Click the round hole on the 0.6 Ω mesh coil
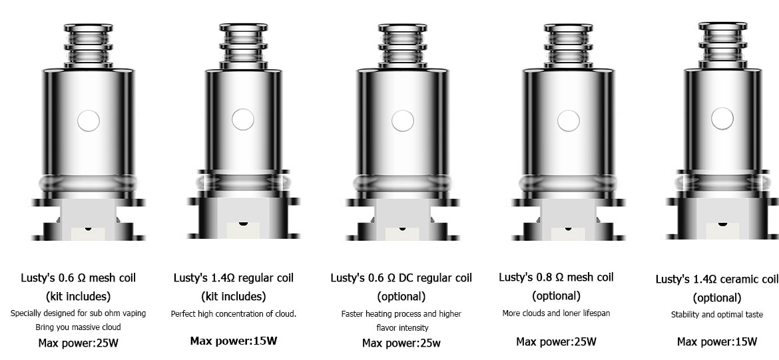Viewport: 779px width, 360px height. pyautogui.click(x=89, y=120)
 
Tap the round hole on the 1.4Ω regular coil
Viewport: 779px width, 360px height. pyautogui.click(x=243, y=120)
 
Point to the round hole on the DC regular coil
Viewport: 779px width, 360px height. pyautogui.click(x=402, y=120)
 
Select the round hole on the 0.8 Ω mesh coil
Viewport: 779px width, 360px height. pyautogui.click(x=569, y=120)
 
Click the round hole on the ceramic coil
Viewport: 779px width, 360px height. pyautogui.click(x=722, y=118)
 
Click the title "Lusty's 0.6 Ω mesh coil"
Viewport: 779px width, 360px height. pyautogui.click(x=78, y=277)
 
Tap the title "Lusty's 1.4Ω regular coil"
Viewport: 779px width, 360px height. pyautogui.click(x=234, y=277)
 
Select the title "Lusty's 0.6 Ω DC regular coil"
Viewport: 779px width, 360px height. pyautogui.click(x=401, y=277)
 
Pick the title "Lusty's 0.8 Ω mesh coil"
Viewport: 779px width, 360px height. pyautogui.click(x=556, y=277)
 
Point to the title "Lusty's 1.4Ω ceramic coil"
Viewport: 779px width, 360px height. pyautogui.click(x=717, y=279)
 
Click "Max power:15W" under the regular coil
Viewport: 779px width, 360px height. pyautogui.click(x=234, y=341)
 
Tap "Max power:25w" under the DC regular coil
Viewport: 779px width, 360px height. pyautogui.click(x=401, y=343)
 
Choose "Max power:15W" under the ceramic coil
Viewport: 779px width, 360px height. pyautogui.click(x=717, y=341)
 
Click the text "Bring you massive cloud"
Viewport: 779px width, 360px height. pyautogui.click(x=78, y=327)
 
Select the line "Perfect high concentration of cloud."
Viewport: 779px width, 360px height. pyautogui.click(x=234, y=314)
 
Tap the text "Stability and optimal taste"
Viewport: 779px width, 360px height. pyautogui.click(x=717, y=314)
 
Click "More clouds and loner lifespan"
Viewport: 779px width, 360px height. pyautogui.click(x=556, y=313)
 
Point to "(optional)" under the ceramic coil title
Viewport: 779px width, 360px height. pyautogui.click(x=717, y=297)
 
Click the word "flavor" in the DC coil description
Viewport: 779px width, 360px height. pyautogui.click(x=387, y=327)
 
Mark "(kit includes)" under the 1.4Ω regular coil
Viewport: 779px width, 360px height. pyautogui.click(x=234, y=296)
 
